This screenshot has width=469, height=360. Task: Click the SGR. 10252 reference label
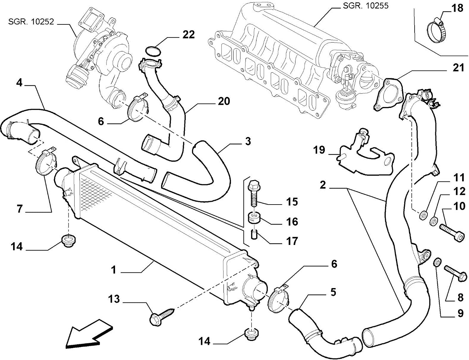click(31, 22)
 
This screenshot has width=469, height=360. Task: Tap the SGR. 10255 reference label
click(366, 6)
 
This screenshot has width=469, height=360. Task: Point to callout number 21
click(458, 68)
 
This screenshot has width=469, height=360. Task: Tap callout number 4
click(19, 83)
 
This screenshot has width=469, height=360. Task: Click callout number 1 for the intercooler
click(113, 270)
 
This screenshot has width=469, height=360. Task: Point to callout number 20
click(224, 101)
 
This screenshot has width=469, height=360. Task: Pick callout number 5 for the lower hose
click(333, 292)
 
